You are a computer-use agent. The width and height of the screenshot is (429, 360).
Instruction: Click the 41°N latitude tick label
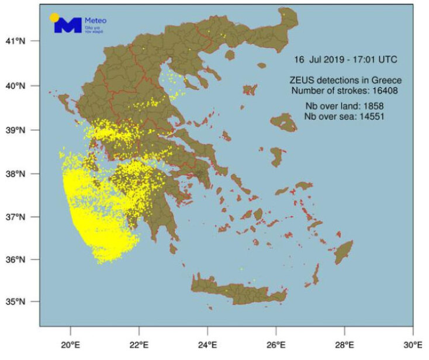click(20, 41)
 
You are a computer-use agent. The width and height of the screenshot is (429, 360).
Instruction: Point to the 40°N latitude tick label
click(20, 85)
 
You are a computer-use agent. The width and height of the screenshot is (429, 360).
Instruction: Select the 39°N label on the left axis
click(20, 130)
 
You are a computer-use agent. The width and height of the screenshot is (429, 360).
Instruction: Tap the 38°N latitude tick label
click(20, 174)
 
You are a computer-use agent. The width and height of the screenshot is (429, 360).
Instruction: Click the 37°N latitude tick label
click(20, 217)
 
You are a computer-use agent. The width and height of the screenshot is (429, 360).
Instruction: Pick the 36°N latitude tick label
click(20, 259)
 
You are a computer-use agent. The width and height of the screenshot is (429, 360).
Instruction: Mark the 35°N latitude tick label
click(20, 302)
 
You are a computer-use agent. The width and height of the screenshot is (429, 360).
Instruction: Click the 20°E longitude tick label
click(70, 344)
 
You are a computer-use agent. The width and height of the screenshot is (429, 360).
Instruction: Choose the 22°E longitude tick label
click(139, 344)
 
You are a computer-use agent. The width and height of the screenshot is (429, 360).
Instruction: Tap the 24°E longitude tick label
click(207, 344)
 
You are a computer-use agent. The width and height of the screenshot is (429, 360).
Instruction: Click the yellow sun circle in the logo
click(54, 17)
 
